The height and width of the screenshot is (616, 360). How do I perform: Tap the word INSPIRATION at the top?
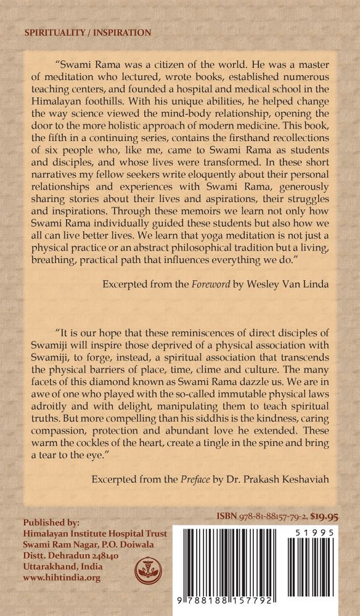pos(121,32)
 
